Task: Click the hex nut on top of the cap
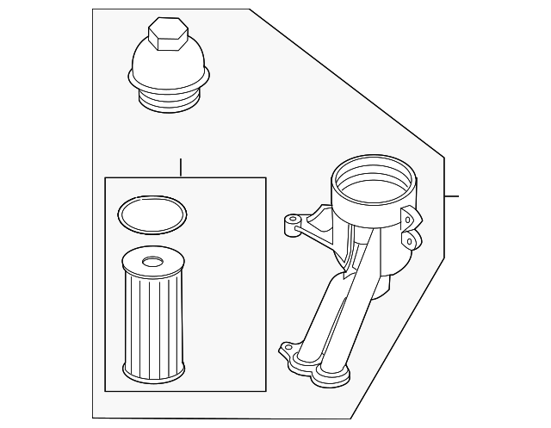167,34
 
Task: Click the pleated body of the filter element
153,319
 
